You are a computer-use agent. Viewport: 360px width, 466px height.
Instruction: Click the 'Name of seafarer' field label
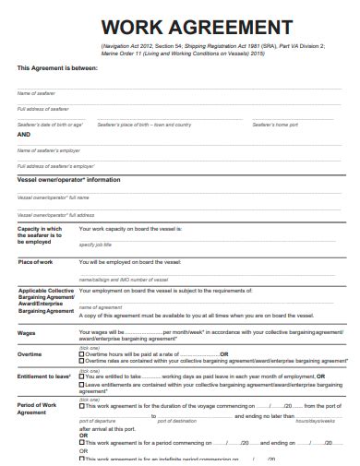(x=36, y=94)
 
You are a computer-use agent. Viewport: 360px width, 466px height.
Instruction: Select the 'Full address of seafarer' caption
(x=43, y=109)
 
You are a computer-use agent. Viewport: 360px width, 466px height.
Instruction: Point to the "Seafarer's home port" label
(x=266, y=124)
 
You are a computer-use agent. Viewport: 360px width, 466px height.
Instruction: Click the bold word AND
(x=25, y=135)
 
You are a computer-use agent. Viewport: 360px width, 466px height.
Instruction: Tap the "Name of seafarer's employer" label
(x=48, y=149)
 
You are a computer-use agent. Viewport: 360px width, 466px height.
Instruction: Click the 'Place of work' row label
(x=36, y=263)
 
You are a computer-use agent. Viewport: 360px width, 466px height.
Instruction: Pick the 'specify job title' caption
(x=96, y=245)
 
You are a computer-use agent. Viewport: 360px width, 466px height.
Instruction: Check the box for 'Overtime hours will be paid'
(x=82, y=353)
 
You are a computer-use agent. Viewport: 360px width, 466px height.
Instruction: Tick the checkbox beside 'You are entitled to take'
(x=82, y=376)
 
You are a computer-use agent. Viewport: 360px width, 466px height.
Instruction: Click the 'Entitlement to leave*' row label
(x=44, y=376)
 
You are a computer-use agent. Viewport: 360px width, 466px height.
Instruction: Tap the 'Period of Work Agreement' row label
(x=39, y=410)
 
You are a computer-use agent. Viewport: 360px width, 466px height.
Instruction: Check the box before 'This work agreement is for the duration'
(x=82, y=405)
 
